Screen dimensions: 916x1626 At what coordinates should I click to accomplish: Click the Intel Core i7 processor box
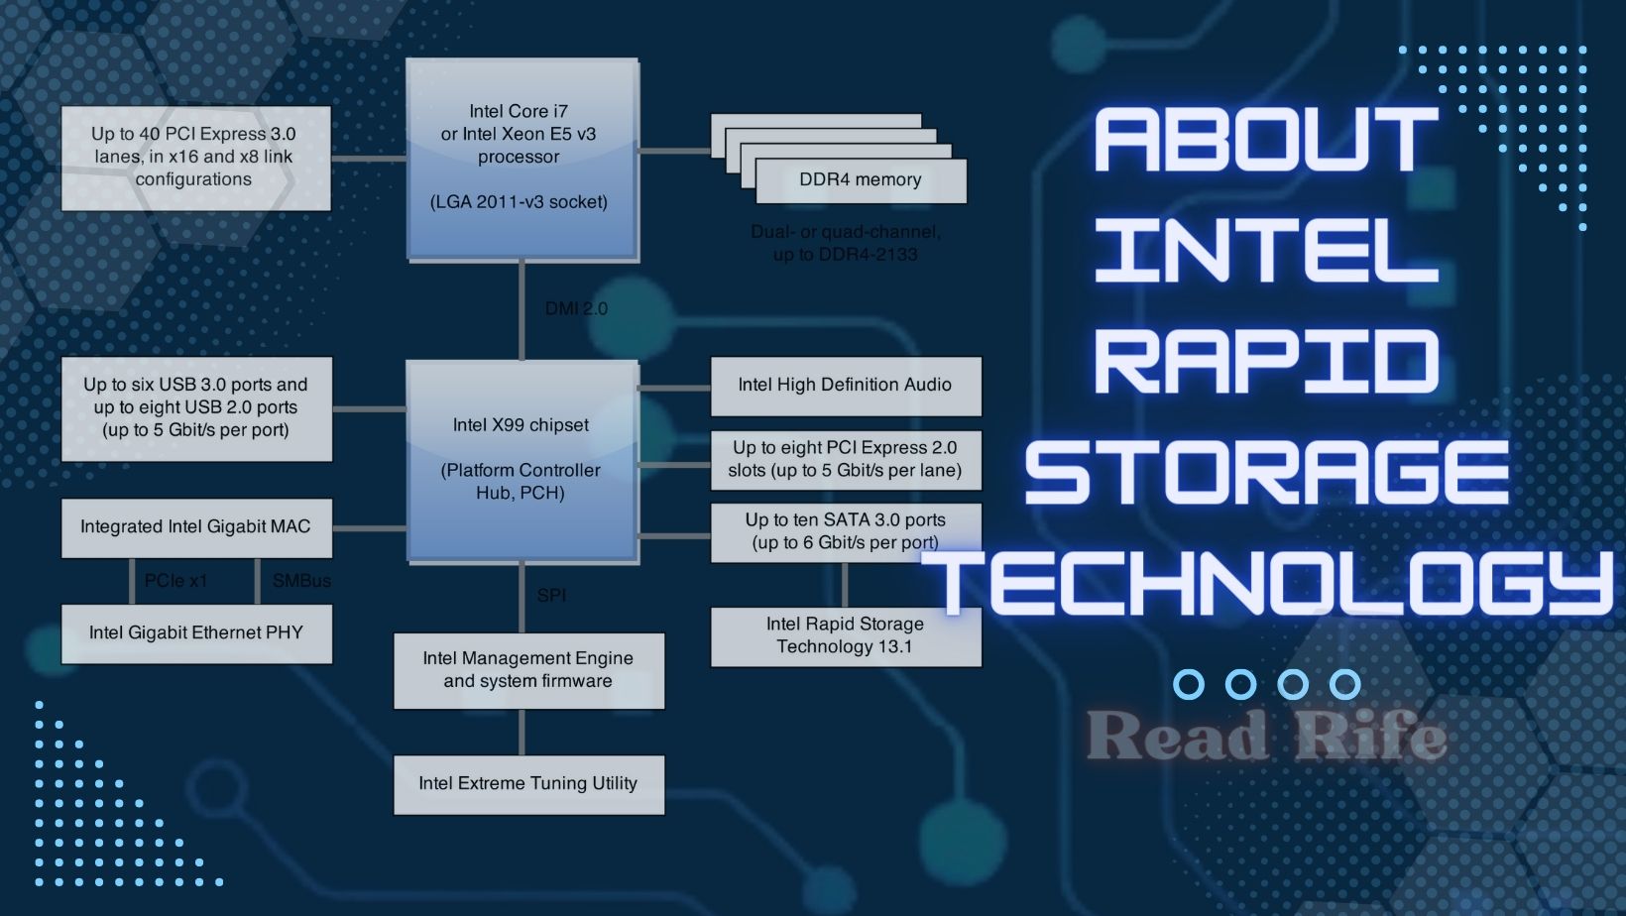[522, 159]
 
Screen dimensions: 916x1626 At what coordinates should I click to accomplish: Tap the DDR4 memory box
[860, 180]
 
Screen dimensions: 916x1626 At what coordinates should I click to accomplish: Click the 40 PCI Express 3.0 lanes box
[195, 158]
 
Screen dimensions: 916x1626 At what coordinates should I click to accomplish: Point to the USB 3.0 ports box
[196, 407]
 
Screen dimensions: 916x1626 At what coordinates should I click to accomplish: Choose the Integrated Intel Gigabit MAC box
[196, 527]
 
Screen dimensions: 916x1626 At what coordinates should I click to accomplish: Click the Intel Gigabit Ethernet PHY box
[196, 633]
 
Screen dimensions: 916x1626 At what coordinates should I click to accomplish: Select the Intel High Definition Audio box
[845, 386]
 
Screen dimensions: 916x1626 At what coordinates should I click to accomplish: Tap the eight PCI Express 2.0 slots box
[845, 459]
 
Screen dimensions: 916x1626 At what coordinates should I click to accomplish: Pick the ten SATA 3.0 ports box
[845, 531]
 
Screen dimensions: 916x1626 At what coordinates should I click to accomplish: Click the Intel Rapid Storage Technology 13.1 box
[845, 635]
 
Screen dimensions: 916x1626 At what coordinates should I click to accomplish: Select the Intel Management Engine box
[528, 670]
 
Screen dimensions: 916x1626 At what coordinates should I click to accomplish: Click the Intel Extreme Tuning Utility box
[528, 784]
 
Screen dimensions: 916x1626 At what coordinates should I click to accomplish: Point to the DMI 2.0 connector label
[576, 309]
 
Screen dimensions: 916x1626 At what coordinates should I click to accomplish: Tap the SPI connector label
[551, 596]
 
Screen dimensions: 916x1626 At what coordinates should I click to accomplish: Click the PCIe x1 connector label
[175, 581]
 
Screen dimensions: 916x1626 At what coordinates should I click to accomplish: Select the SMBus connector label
[301, 581]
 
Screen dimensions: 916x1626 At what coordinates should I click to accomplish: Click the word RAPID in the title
[1266, 362]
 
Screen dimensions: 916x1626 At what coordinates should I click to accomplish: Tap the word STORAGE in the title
[1266, 473]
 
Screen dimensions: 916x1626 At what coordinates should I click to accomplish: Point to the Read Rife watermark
[1266, 736]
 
